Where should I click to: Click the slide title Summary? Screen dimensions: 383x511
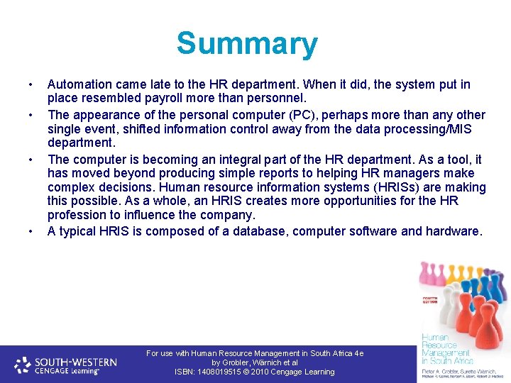tap(247, 44)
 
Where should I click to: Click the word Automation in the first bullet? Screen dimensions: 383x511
tap(79, 84)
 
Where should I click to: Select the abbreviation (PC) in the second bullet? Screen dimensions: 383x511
tap(273, 115)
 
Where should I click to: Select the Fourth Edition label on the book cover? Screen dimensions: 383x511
tap(431, 301)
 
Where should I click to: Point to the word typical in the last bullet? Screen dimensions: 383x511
tap(79, 231)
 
